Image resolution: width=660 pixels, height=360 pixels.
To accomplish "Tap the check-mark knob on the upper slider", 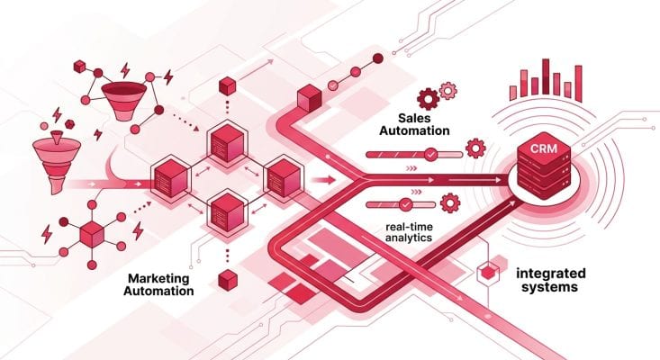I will pyautogui.click(x=430, y=155).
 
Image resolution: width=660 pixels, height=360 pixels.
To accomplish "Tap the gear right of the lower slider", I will pyautogui.click(x=452, y=200).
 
